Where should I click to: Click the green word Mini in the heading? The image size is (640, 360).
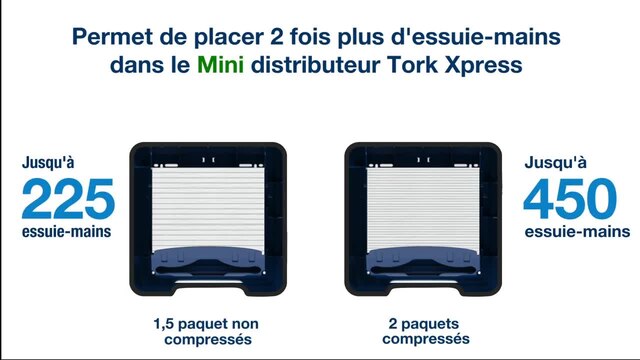click(220, 64)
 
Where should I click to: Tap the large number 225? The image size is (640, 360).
click(68, 199)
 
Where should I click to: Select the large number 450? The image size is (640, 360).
click(570, 199)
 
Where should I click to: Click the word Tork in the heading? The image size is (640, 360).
click(412, 64)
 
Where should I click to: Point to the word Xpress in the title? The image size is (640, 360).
click(484, 66)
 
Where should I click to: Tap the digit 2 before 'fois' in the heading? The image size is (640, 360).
click(277, 37)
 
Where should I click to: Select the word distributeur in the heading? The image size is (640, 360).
click(315, 64)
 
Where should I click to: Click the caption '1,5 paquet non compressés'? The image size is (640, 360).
click(207, 331)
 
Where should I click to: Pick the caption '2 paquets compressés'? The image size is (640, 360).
click(425, 331)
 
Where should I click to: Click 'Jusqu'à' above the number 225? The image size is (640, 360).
click(48, 162)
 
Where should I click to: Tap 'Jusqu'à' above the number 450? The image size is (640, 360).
click(556, 162)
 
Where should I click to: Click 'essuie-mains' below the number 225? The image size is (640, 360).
click(67, 231)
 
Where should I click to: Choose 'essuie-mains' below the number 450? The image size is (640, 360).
click(577, 231)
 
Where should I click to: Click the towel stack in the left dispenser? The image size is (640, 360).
click(208, 209)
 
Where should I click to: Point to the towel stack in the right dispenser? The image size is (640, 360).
click(423, 209)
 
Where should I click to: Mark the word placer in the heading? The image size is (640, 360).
click(229, 38)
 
